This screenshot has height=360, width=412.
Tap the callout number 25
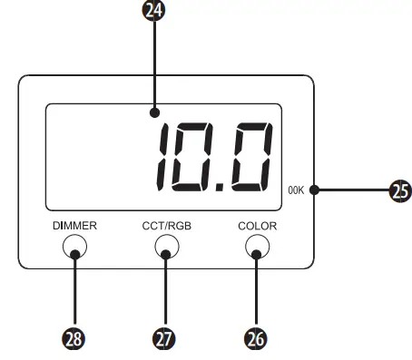click(399, 190)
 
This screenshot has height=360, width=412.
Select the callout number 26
click(257, 339)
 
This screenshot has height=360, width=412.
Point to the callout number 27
click(165, 339)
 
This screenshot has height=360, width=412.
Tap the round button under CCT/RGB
click(165, 246)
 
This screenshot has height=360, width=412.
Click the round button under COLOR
click(257, 246)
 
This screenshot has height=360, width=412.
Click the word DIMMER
click(74, 224)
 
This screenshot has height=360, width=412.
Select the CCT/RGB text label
click(165, 224)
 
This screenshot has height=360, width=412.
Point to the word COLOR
click(257, 224)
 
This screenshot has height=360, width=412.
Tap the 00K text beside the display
click(296, 190)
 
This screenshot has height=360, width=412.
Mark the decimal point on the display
click(221, 182)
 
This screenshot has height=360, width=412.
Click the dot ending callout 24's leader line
click(156, 113)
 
